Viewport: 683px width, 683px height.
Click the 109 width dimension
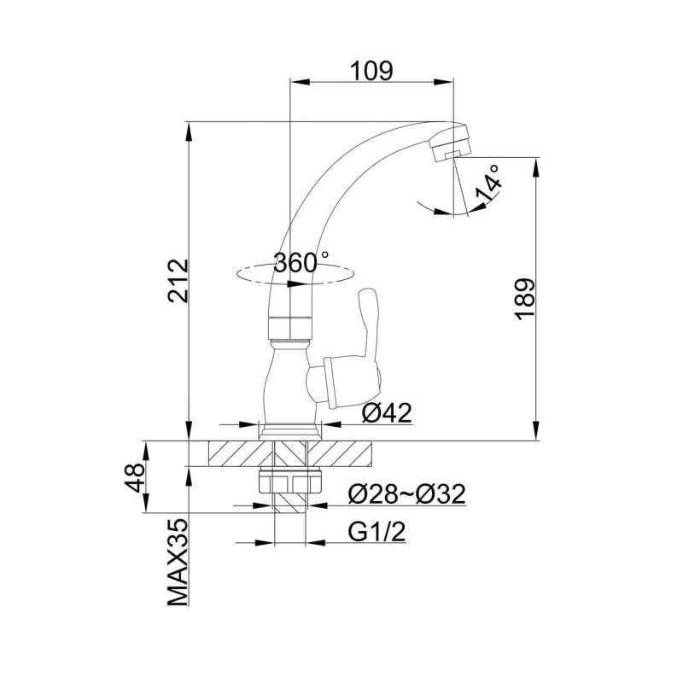pos(372,71)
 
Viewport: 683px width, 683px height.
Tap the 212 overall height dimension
pos(179,281)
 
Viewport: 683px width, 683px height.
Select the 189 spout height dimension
pos(525,300)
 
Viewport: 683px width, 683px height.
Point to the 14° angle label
pos(488,184)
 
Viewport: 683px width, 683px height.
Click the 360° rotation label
pos(301,262)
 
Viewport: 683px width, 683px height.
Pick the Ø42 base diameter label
pos(387,412)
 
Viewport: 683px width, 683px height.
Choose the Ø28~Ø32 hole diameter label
pos(407,494)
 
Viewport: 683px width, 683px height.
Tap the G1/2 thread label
pos(377,532)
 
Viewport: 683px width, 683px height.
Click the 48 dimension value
pos(135,477)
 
